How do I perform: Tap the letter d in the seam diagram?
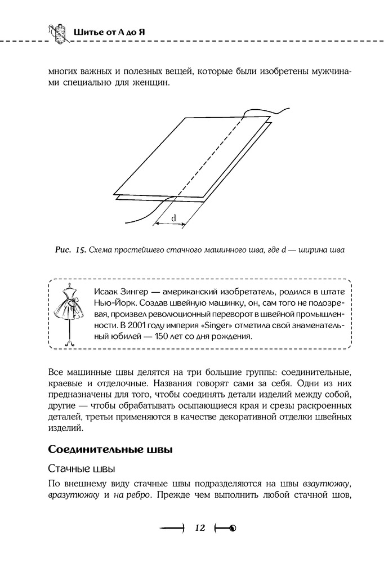(x=173, y=217)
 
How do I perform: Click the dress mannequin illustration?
(x=69, y=312)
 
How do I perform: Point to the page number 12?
(x=200, y=528)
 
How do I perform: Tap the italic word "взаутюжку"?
(x=328, y=483)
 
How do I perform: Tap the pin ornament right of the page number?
(x=225, y=528)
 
